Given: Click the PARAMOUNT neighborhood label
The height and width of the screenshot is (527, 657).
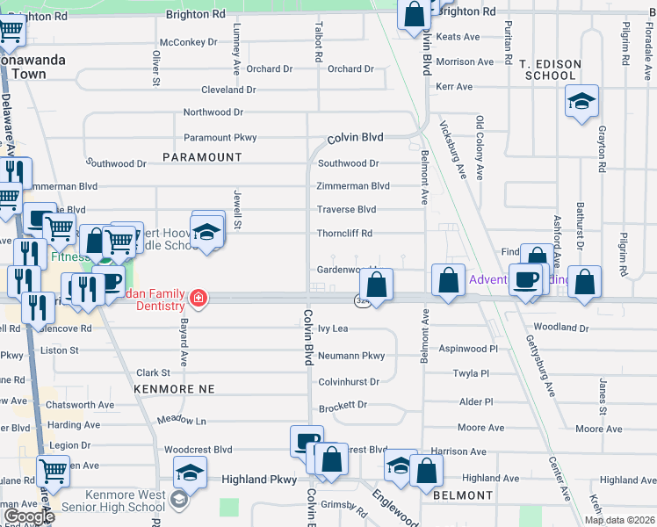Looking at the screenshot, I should coord(202,157).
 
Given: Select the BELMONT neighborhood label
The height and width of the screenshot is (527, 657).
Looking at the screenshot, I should coord(463,495).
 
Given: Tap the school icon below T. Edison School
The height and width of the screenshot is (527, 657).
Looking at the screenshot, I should coord(581,102).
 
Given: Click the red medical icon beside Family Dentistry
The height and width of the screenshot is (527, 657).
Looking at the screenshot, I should coord(199,299).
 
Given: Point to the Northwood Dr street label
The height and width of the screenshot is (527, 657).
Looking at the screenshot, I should coord(213,112).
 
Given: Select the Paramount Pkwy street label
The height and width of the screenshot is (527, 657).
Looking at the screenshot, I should coord(220,138).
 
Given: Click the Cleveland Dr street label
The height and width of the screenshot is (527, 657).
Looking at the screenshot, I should coord(228,90).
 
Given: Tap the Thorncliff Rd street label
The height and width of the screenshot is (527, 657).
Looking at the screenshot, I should coord(345,234).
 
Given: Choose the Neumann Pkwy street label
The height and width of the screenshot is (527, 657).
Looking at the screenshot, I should coord(351,356).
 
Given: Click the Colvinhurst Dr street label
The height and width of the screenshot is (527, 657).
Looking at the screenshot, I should coord(349,382).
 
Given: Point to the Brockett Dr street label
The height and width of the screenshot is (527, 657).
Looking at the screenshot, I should coord(343,406).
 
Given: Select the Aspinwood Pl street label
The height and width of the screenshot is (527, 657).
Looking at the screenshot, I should coord(468,349).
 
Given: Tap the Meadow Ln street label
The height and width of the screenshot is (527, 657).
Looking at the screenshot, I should coord(182,421).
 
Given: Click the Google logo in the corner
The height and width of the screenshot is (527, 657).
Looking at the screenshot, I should coord(29,516).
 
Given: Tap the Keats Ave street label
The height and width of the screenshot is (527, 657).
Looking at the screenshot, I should coord(458,37).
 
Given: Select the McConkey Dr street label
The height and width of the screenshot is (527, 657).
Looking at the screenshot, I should coord(188,42).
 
